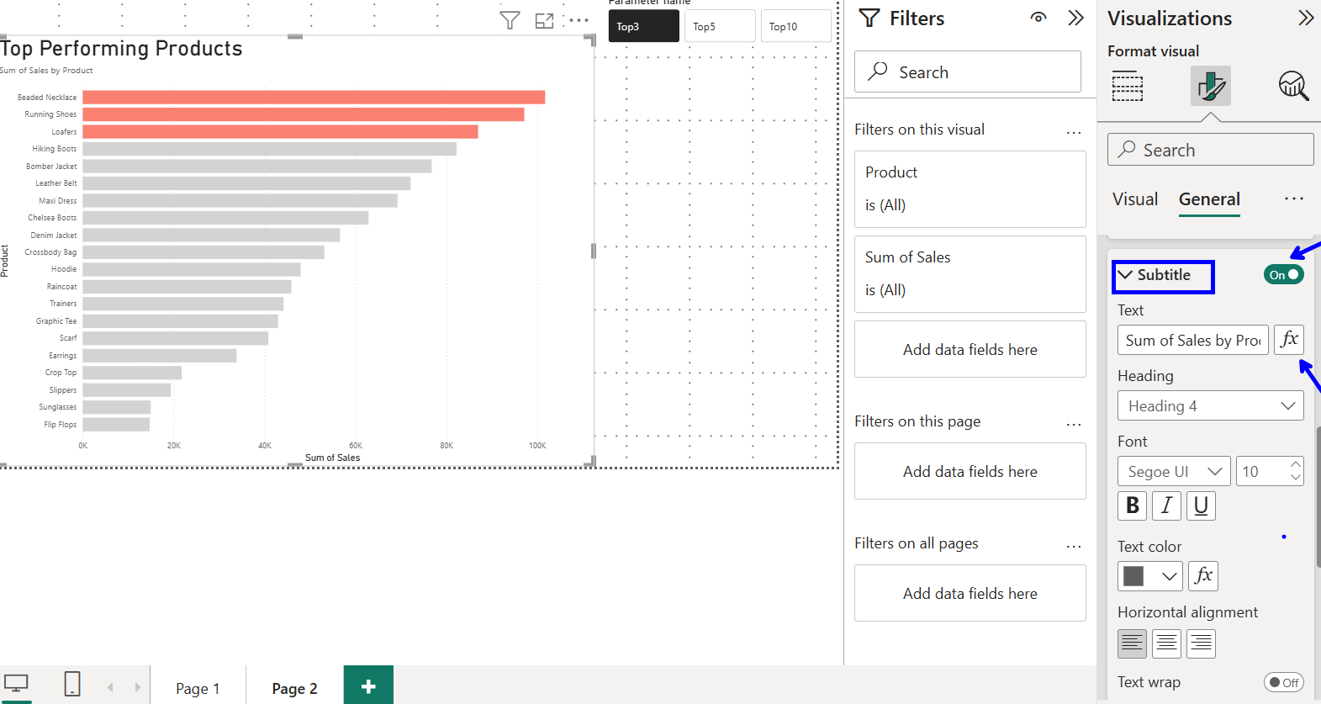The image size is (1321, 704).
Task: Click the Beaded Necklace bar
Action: [314, 98]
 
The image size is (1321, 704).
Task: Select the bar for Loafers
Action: [280, 132]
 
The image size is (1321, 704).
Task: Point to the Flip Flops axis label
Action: [60, 425]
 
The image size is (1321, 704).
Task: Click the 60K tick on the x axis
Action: [356, 446]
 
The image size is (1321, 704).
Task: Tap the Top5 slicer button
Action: [719, 26]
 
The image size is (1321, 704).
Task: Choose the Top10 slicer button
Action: [795, 26]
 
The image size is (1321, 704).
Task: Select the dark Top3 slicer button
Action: [643, 26]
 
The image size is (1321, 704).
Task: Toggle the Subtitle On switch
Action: [1283, 275]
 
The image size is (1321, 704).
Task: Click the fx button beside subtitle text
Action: [1288, 340]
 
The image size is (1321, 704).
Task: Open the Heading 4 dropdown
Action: [1210, 406]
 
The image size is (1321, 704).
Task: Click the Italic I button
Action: [1166, 506]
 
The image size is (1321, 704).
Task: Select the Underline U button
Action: [1201, 506]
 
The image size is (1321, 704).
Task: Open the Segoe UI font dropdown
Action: [1173, 472]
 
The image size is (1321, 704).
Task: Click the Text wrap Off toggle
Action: [1283, 682]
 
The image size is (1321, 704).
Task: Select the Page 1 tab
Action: [198, 688]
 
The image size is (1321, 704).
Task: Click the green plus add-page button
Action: [368, 686]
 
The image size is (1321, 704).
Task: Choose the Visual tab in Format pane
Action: [1134, 199]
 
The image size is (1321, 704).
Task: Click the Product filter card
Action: [970, 189]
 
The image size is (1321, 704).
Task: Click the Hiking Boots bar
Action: [269, 149]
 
